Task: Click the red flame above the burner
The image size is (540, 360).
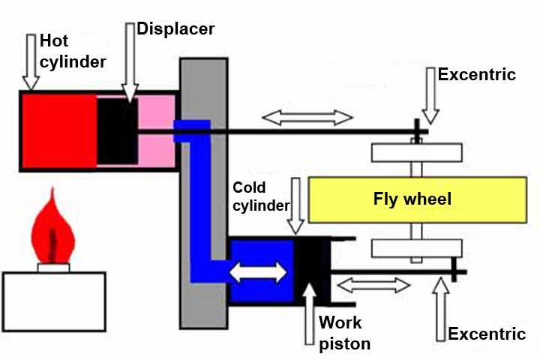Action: (x=52, y=229)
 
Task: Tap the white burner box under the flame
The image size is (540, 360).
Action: (x=54, y=301)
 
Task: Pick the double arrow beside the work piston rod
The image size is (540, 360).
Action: (x=375, y=285)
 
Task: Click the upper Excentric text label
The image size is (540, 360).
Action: (x=477, y=74)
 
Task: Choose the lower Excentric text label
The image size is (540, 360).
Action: (x=486, y=333)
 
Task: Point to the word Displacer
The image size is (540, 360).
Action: (x=175, y=28)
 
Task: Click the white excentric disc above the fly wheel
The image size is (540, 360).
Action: (x=416, y=151)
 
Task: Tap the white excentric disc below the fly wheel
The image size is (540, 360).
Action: (x=416, y=248)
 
